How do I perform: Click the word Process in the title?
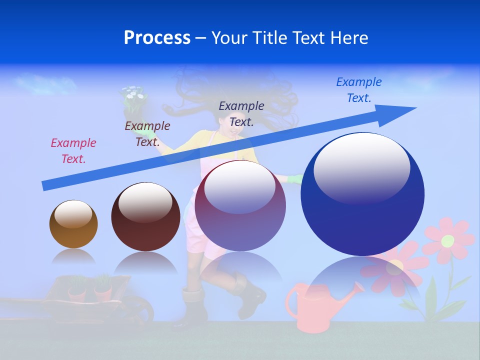point(157,37)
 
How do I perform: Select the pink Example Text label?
point(73,150)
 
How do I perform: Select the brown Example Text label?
point(147,133)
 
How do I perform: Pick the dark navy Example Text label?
point(241,113)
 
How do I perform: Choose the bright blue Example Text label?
point(359,89)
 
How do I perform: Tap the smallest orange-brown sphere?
point(73,224)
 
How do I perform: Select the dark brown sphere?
point(145,216)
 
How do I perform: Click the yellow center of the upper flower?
point(447,240)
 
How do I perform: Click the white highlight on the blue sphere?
point(362,167)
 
